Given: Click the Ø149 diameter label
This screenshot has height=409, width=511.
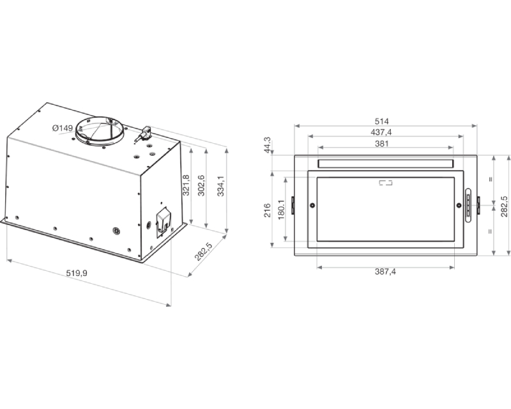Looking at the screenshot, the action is (62, 128).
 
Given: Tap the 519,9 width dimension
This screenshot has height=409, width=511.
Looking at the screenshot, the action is (77, 273).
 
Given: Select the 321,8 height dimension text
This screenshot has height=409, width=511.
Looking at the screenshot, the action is (186, 185).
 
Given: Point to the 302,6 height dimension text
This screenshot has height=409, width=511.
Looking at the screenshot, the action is (201, 185).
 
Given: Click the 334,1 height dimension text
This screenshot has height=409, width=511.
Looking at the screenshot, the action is (220, 186).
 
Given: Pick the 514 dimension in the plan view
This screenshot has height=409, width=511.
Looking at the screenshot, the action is (381, 121).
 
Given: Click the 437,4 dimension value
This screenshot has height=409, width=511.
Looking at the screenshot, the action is (381, 132).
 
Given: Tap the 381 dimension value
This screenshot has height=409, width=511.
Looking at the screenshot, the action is (381, 143).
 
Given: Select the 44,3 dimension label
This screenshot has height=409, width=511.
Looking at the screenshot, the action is (267, 145).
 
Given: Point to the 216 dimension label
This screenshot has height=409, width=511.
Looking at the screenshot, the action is (267, 210).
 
